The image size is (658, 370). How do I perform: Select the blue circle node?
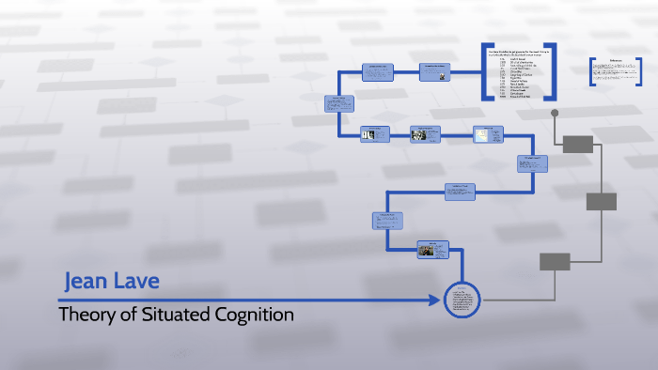tap(461, 300)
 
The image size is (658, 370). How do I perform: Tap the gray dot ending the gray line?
tap(555, 114)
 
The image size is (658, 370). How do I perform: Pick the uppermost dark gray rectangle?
tap(578, 144)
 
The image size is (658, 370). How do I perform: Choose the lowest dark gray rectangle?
tap(556, 261)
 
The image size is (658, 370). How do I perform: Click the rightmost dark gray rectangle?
tap(602, 201)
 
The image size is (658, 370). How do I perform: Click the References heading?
tap(617, 61)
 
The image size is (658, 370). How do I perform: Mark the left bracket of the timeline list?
tap(485, 71)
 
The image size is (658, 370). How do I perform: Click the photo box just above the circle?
tap(431, 249)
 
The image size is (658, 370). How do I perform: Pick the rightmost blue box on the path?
tap(532, 162)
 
